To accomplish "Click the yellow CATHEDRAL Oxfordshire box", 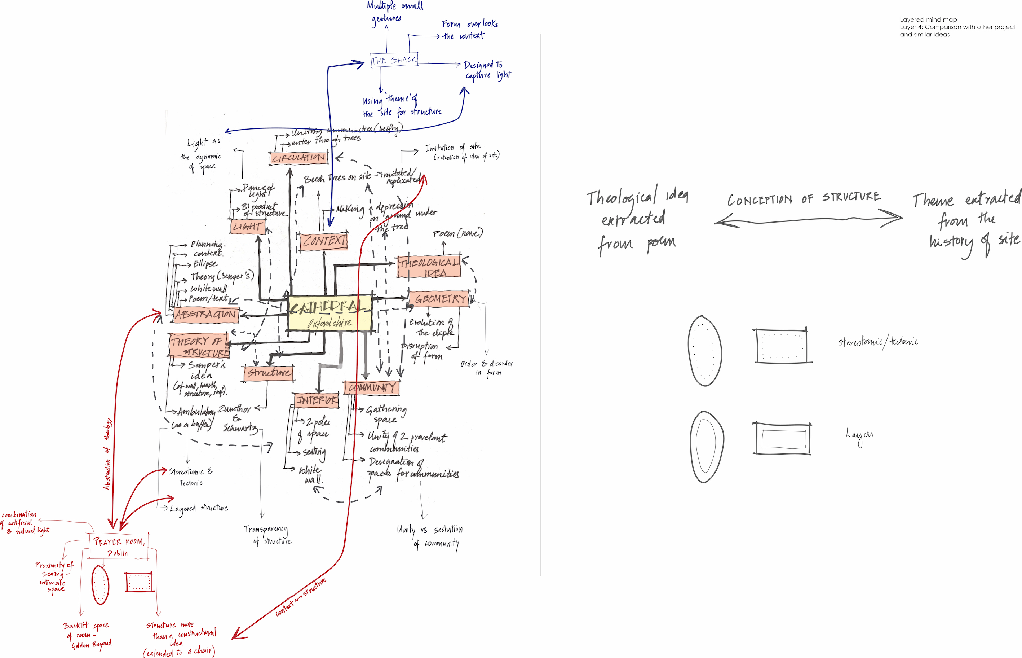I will (329, 313).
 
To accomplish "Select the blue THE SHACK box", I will (393, 60).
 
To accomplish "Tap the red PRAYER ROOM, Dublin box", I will (119, 547).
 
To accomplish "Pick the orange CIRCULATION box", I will (298, 158).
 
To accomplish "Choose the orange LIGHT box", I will (247, 227).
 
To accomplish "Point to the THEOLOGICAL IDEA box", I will (429, 267).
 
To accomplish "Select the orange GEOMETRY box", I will (439, 299).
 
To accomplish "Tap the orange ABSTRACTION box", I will (205, 315).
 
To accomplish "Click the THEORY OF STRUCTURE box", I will (199, 346).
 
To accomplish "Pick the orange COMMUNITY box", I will (371, 387).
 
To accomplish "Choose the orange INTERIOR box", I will (317, 400).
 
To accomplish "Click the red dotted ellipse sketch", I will (100, 584).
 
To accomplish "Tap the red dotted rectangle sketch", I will (139, 582).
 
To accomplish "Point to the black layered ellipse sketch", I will (707, 446).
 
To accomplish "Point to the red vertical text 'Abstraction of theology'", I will (107, 453).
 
